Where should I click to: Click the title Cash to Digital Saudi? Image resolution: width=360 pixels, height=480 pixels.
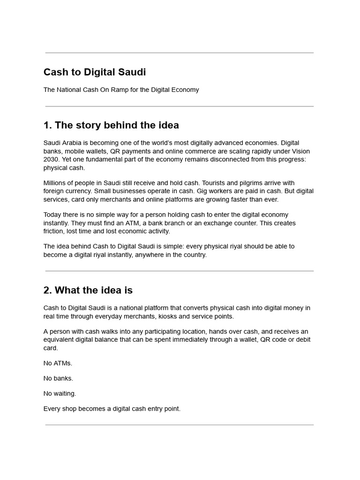click(95, 72)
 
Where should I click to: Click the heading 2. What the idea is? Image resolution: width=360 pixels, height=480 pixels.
click(88, 290)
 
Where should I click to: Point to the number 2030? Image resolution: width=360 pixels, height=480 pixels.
click(52, 159)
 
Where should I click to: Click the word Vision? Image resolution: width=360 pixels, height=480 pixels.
click(300, 151)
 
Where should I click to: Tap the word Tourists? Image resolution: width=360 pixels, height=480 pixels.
click(215, 183)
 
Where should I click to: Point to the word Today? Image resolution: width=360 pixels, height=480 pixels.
click(52, 215)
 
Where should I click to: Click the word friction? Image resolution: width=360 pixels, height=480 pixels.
click(54, 232)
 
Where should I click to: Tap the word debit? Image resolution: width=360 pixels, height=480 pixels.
click(301, 339)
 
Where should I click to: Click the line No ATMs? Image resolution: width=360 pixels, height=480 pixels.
click(58, 363)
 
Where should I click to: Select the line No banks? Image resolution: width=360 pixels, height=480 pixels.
click(59, 378)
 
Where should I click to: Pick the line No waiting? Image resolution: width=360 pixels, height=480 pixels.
click(60, 393)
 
